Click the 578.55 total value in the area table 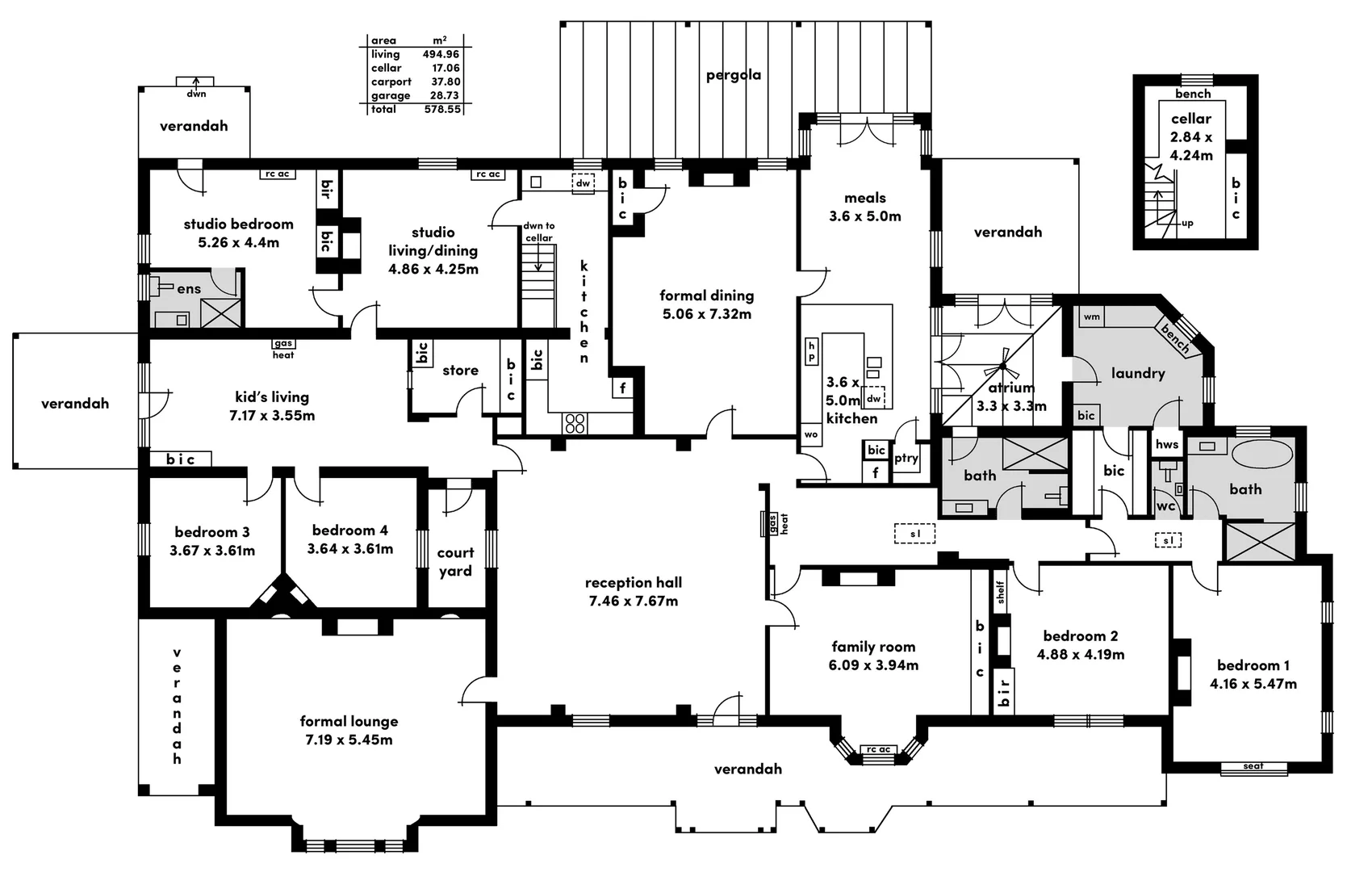coord(442,110)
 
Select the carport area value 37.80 coord(446,82)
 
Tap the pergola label coord(733,75)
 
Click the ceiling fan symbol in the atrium coord(1002,365)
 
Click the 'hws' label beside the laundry coord(1166,445)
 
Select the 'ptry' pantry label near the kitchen coord(906,459)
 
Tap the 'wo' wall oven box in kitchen coord(810,434)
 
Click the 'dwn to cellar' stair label coord(539,232)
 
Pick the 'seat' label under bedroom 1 coord(1253,766)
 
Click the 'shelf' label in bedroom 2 coord(1000,592)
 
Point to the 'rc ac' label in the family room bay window coord(879,749)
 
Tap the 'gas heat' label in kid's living coord(283,349)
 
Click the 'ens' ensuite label coord(189,289)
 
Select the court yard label coord(455,561)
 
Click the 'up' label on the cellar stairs coord(1187,224)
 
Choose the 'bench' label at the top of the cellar coord(1193,94)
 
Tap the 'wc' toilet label coord(1165,506)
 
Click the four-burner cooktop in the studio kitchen coord(575,423)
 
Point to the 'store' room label coord(461,370)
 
